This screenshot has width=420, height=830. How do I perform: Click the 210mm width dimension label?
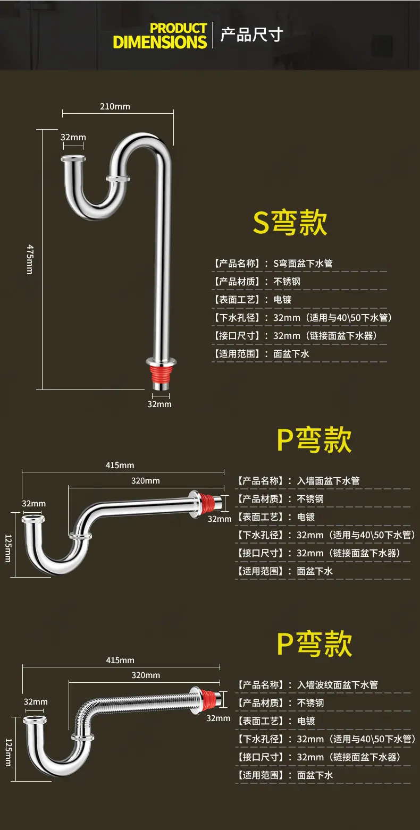pos(115,107)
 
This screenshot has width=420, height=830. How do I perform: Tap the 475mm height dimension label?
pos(30,259)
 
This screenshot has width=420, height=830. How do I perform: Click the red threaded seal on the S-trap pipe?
pos(161,374)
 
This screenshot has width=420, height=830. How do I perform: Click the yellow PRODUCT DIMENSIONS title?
pos(160,36)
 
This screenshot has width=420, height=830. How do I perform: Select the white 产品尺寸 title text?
pos(252,35)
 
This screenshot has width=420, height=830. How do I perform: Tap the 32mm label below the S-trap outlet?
pos(159,404)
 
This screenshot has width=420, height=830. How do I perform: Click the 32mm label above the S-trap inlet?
pos(73,138)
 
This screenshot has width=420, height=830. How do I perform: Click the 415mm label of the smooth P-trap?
pos(120,465)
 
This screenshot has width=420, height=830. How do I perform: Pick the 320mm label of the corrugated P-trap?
pos(146,675)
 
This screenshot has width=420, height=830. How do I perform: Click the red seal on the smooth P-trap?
pos(207,503)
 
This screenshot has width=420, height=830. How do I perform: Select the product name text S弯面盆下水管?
pos(303,264)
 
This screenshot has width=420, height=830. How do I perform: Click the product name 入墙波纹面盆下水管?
pos(338,685)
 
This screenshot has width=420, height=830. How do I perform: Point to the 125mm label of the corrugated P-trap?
pos(9,752)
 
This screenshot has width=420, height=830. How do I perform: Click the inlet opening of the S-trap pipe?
pos(73,158)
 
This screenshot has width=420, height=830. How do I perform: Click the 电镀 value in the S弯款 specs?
pos(282,299)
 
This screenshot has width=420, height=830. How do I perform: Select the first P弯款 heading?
pos(314,439)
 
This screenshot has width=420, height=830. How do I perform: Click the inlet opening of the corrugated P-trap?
pos(35,721)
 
